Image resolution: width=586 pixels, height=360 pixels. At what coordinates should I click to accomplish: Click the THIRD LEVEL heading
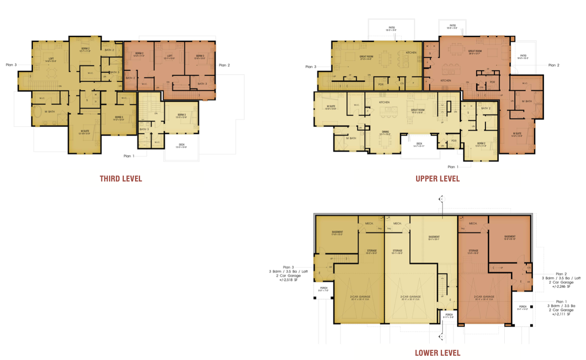(121, 179)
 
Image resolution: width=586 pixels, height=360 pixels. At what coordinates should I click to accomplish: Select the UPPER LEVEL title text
(437, 179)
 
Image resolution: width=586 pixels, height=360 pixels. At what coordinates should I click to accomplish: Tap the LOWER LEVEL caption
(437, 353)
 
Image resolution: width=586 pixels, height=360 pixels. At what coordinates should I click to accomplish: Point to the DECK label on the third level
(182, 145)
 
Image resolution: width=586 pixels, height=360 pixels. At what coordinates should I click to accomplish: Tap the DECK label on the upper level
(419, 144)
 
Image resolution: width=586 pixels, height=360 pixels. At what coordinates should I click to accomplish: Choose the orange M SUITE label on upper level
(517, 134)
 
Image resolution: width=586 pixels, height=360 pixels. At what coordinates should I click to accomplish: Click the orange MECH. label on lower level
(473, 224)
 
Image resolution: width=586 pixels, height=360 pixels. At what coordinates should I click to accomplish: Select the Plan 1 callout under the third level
(129, 156)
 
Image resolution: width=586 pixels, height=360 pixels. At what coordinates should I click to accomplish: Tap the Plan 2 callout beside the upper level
(554, 65)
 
